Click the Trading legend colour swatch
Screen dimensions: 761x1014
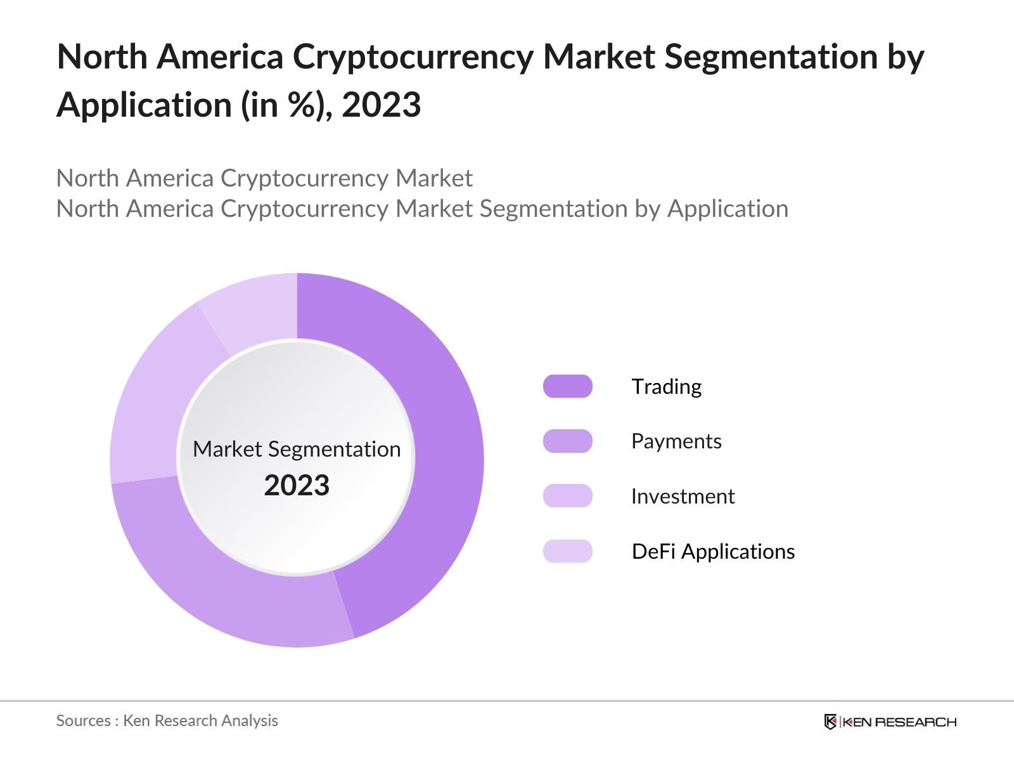click(567, 386)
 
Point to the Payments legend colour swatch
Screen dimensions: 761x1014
click(567, 441)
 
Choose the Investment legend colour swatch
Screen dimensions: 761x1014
click(567, 496)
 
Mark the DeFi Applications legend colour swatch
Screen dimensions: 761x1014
click(567, 551)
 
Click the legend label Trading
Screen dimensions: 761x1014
click(666, 386)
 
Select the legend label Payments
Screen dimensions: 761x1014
click(676, 441)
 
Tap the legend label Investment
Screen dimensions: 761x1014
click(683, 496)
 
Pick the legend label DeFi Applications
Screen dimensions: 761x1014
click(713, 551)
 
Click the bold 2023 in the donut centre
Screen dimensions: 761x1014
click(297, 486)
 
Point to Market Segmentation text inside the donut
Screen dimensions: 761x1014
click(297, 449)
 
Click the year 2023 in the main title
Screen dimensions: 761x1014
click(382, 105)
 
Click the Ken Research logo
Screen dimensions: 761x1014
click(890, 722)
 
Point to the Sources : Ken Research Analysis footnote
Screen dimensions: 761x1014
click(167, 720)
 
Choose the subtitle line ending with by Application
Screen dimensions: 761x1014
click(422, 209)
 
